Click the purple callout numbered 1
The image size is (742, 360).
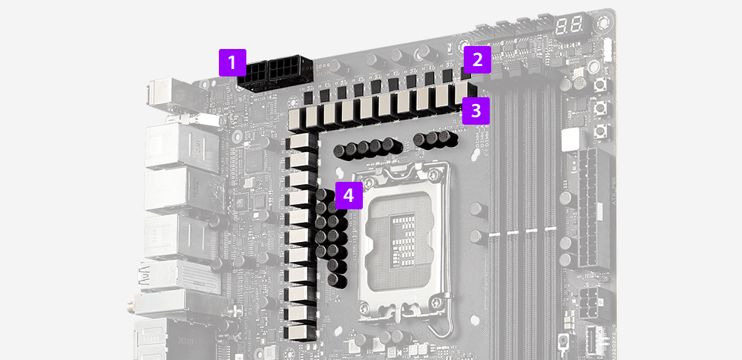[x=232, y=62]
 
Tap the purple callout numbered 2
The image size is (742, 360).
[x=477, y=59]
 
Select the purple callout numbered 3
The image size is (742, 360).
[x=476, y=111]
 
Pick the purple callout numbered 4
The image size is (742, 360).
[x=349, y=195]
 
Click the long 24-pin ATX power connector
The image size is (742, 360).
[x=594, y=208]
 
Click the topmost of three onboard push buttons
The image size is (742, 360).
[x=600, y=86]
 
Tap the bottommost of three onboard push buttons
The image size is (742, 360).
[x=601, y=131]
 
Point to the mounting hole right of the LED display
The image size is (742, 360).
[x=603, y=23]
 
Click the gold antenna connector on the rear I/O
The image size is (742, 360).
[x=131, y=308]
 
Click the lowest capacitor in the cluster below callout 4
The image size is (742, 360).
[x=338, y=280]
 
